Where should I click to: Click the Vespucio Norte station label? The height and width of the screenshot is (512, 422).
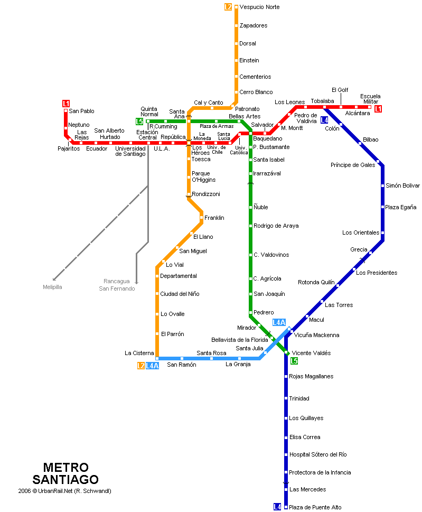pyautogui.click(x=259, y=7)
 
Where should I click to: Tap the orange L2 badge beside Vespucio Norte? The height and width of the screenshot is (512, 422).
pyautogui.click(x=228, y=7)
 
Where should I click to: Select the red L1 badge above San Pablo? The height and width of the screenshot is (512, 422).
pyautogui.click(x=66, y=104)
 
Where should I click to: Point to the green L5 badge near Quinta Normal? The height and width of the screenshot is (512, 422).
pyautogui.click(x=139, y=122)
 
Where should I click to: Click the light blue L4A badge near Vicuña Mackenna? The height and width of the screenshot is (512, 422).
pyautogui.click(x=279, y=322)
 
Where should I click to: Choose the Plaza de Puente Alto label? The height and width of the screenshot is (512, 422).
pyautogui.click(x=315, y=507)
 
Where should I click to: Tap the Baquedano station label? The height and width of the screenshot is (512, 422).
pyautogui.click(x=268, y=138)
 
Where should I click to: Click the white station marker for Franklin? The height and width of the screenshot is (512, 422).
pyautogui.click(x=201, y=218)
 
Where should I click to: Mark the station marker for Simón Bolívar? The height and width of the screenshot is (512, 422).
pyautogui.click(x=382, y=186)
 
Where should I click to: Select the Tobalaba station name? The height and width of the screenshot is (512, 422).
pyautogui.click(x=323, y=101)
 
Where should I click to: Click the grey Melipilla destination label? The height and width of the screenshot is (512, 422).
pyautogui.click(x=52, y=287)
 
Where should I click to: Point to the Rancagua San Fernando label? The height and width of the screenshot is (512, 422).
pyautogui.click(x=117, y=285)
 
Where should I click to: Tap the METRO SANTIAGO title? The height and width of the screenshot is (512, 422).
pyautogui.click(x=65, y=473)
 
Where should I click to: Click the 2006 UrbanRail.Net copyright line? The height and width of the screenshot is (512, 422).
pyautogui.click(x=64, y=491)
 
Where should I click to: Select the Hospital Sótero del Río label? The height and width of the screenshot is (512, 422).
pyautogui.click(x=318, y=454)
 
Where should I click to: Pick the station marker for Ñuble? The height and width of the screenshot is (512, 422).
pyautogui.click(x=251, y=207)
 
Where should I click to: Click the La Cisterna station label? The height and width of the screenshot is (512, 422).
pyautogui.click(x=139, y=353)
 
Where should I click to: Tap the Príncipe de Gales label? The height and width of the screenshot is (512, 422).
pyautogui.click(x=353, y=165)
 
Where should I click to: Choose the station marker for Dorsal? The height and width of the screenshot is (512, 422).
pyautogui.click(x=236, y=43)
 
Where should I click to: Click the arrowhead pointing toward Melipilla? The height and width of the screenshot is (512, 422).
pyautogui.click(x=54, y=279)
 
